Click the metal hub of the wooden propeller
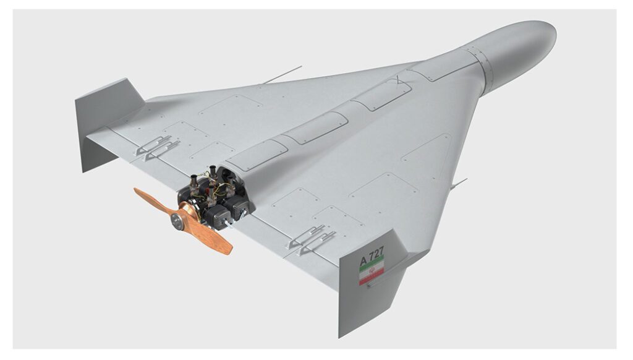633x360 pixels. (177, 220)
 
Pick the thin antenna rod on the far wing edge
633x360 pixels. (282, 75)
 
